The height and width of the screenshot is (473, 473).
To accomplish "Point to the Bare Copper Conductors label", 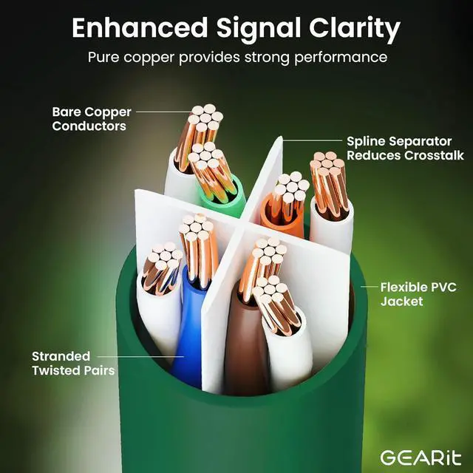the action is click(91, 119).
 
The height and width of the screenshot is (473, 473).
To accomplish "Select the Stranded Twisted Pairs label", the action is click(72, 363).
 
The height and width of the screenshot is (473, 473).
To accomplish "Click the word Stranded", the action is click(61, 355).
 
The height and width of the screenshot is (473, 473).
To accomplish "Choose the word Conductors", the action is click(89, 126).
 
